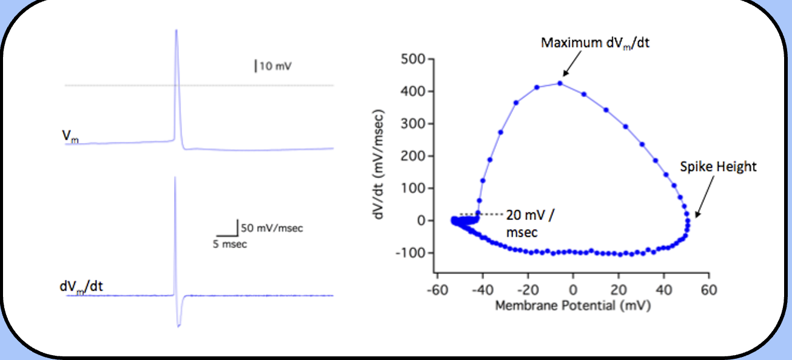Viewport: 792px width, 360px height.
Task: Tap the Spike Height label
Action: coord(718,166)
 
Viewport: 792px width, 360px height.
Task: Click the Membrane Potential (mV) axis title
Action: coord(572,305)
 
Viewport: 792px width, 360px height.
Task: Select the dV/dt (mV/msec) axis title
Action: coord(381,164)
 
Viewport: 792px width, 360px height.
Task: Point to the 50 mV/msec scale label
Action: coord(272,228)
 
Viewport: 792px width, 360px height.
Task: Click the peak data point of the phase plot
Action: coord(560,83)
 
